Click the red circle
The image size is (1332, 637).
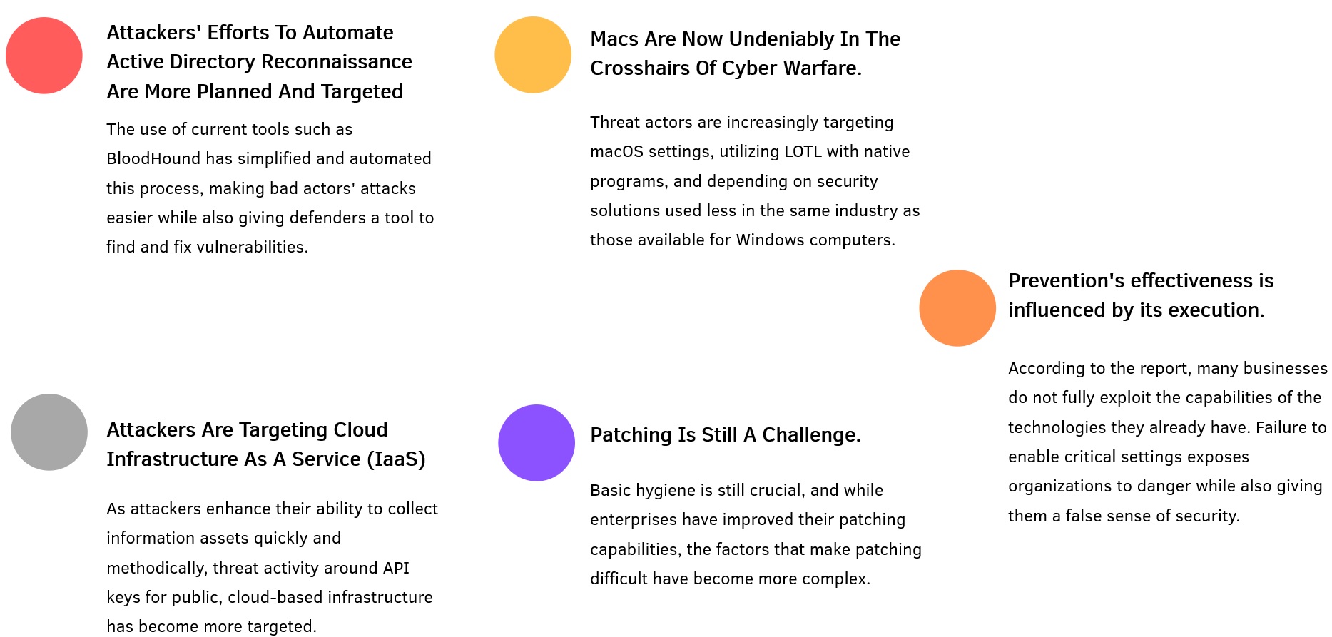tap(44, 56)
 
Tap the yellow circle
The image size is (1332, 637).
tap(533, 55)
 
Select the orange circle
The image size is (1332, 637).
tap(957, 308)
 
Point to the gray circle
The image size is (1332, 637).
tap(49, 432)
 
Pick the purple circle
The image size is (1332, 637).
tap(537, 443)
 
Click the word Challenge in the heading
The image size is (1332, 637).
tap(811, 435)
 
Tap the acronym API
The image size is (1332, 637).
tap(396, 568)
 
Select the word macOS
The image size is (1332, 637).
tap(616, 151)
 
